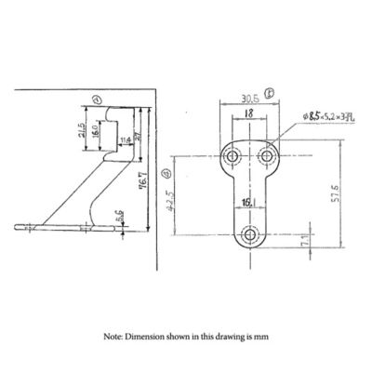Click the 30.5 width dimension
(247, 96)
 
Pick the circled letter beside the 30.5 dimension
(269, 92)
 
